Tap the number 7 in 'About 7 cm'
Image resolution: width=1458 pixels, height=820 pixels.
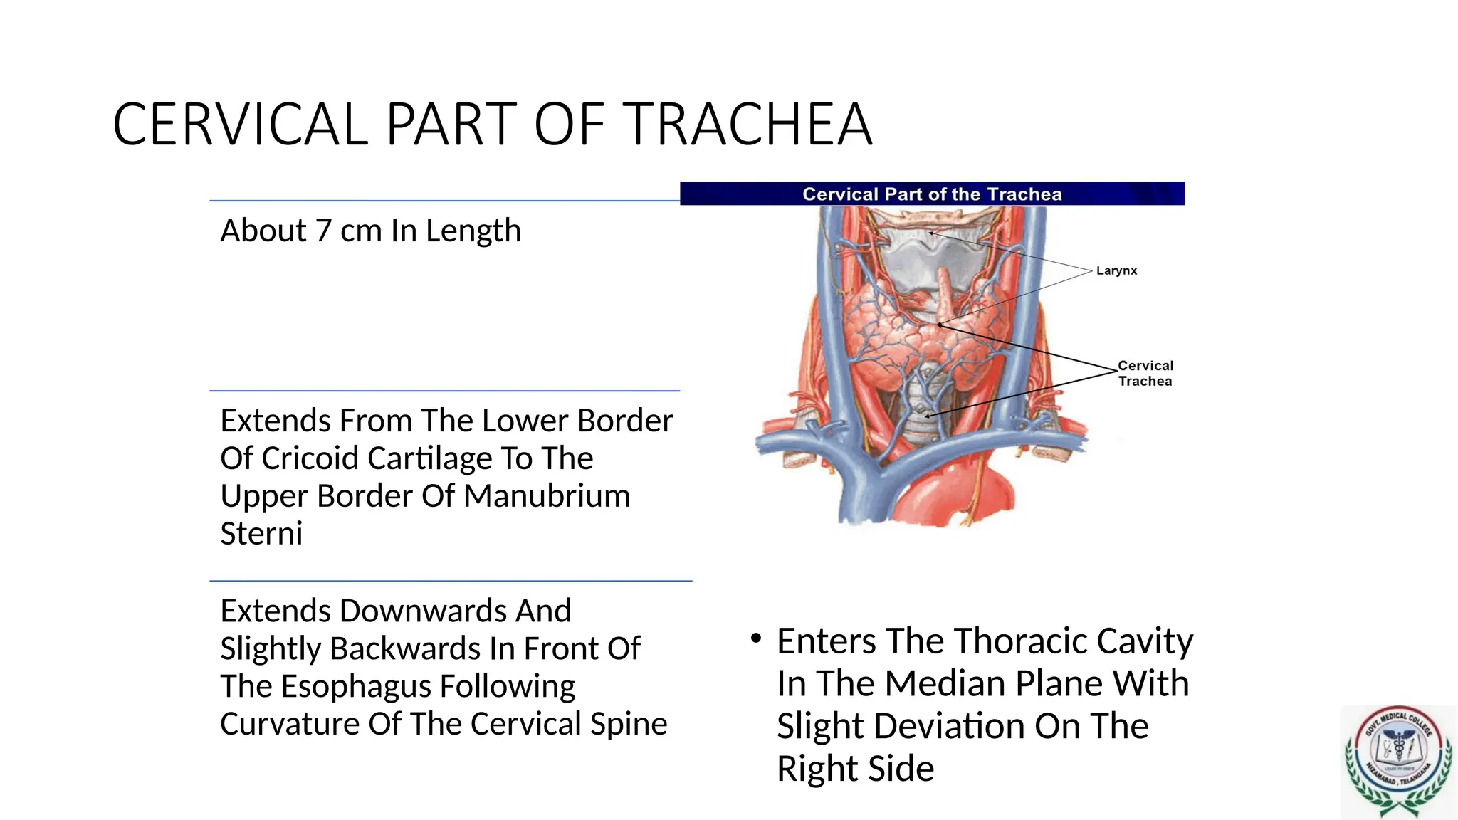[x=323, y=231]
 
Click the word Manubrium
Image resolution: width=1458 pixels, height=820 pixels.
[x=547, y=496]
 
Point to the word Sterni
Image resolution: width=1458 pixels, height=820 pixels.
[x=261, y=534]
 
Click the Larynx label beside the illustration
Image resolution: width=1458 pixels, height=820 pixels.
[x=1116, y=270]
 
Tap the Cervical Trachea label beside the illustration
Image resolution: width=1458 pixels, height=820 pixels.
[x=1145, y=373]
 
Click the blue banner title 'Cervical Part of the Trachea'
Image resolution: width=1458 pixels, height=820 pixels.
[x=932, y=194]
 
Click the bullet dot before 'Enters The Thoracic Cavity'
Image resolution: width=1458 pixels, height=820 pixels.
[x=756, y=638]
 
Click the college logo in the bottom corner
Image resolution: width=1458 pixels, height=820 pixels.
[x=1397, y=762]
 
